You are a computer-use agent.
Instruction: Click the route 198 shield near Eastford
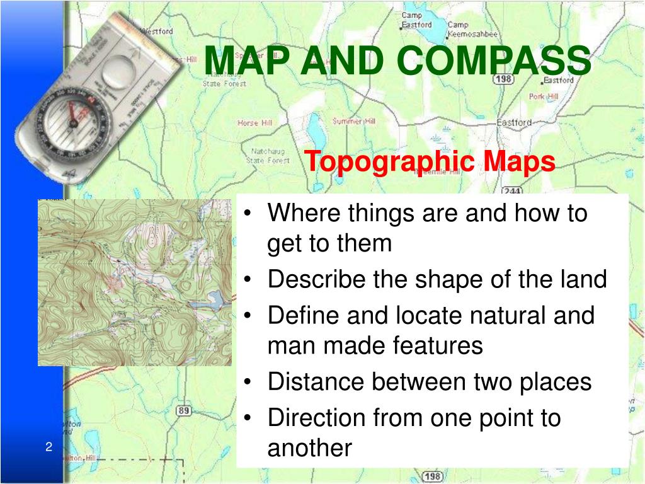[503, 79]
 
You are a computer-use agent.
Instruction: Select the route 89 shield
[183, 411]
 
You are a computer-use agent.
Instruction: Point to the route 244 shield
[511, 190]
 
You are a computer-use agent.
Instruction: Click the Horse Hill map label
[255, 123]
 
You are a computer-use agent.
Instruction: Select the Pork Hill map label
[544, 96]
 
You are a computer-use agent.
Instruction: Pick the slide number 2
[48, 447]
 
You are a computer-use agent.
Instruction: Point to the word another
[309, 448]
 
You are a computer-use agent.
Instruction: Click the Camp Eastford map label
[416, 20]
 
